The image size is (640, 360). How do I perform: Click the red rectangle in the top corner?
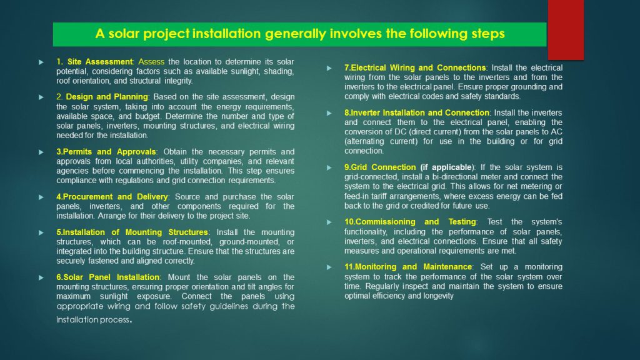566,29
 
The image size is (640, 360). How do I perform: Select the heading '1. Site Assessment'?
94,62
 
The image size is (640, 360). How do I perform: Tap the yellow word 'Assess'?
151,62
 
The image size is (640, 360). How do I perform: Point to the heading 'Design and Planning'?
107,97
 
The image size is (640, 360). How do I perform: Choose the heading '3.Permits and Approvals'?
106,152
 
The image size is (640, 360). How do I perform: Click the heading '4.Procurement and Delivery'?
112,197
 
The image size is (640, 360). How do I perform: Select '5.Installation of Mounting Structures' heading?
132,232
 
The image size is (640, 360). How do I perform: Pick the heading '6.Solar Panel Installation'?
107,277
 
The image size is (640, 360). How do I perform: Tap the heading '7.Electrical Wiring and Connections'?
415,67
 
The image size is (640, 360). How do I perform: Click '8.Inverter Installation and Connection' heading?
416,112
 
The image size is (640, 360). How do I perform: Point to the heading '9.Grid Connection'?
379,167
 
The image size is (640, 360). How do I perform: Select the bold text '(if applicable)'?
446,167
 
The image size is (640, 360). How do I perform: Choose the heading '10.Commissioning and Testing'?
410,222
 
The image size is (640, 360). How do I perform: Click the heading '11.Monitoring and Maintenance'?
407,267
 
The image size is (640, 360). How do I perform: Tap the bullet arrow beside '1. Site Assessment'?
41,62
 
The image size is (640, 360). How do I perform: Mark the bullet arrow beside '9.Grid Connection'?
329,167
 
